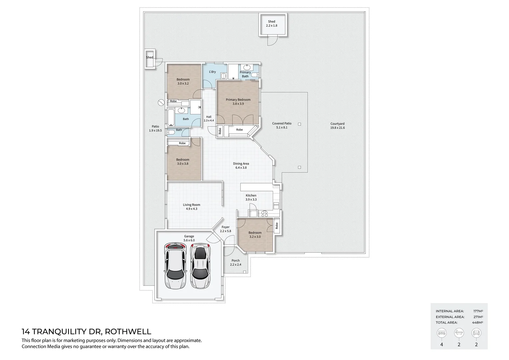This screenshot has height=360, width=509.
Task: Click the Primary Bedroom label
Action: [x=238, y=101]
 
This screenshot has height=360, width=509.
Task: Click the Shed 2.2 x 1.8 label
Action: [x=271, y=23]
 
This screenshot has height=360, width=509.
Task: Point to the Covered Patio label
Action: [x=281, y=125]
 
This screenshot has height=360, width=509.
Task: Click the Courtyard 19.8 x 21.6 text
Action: [x=337, y=126]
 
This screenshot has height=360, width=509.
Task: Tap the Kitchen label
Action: [x=251, y=197]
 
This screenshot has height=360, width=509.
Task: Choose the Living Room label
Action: [x=192, y=207]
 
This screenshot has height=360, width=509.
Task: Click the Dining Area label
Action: [x=241, y=165]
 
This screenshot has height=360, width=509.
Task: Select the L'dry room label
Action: [x=212, y=72]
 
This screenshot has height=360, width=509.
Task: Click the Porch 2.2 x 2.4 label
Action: [x=236, y=262]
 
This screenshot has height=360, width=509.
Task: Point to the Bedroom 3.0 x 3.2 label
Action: [x=183, y=81]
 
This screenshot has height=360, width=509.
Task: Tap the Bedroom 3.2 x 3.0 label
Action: [x=255, y=235]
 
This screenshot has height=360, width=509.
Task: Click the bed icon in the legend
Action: [x=442, y=333]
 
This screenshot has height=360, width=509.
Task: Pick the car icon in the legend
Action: [x=476, y=333]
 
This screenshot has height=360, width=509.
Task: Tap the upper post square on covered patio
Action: [x=299, y=124]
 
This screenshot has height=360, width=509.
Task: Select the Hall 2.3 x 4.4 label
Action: [x=209, y=119]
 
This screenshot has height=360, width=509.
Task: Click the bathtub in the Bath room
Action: [x=171, y=117]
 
